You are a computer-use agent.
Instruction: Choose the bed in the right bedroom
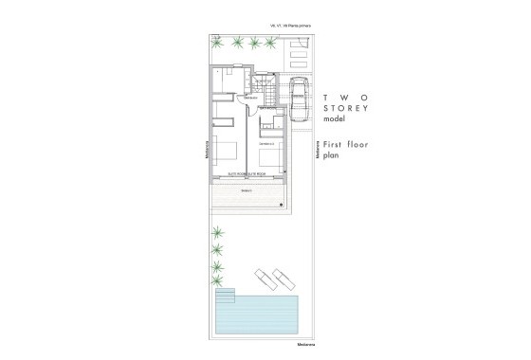click(269, 157)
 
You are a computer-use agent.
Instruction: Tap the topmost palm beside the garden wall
click(219, 231)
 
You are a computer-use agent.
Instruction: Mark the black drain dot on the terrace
click(281, 204)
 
